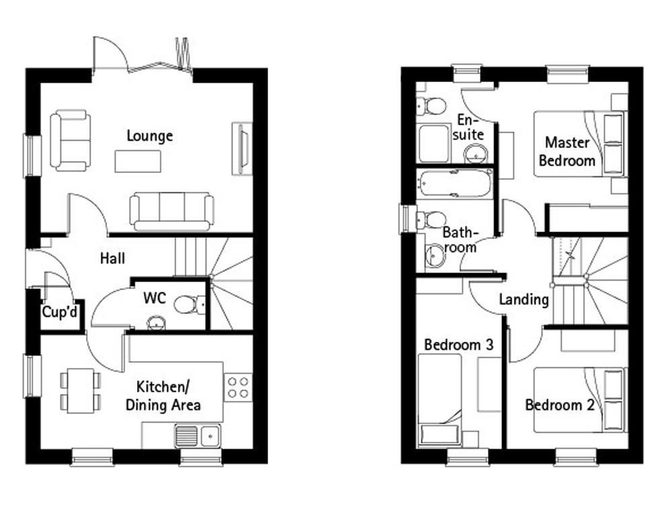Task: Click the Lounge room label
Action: pos(150,136)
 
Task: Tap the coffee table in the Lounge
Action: pos(138,161)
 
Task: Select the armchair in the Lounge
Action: pos(71,140)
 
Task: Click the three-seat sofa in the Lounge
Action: pos(172,211)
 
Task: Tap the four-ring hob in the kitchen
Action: pos(239,388)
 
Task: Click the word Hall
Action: pos(112,258)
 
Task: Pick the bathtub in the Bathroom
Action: pos(455,184)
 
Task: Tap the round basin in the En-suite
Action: pos(476,153)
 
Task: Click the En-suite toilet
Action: pos(432,106)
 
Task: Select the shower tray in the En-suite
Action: pos(434,143)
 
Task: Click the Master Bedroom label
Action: pos(567,151)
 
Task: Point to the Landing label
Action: pos(523,299)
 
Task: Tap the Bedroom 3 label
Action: pos(459,345)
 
